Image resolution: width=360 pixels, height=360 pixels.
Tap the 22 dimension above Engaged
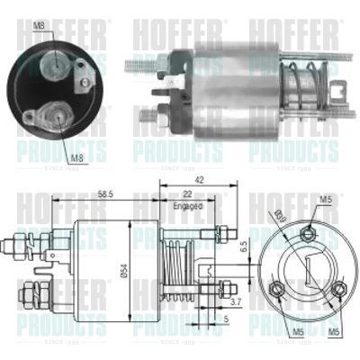[186, 194]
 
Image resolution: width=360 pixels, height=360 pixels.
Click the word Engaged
[186, 206]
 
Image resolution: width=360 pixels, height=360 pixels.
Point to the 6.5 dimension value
[240, 245]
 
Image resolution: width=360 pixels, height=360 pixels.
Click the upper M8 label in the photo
[39, 25]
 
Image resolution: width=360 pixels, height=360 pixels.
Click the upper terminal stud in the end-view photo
[57, 59]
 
